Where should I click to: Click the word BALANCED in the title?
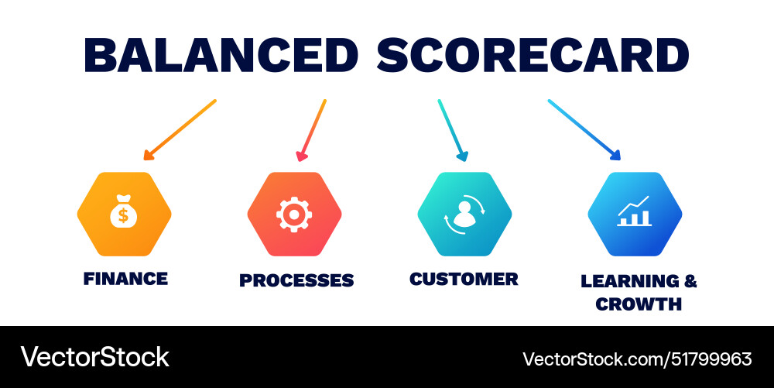click(x=221, y=55)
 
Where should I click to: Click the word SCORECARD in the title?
click(x=533, y=55)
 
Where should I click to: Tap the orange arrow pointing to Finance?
click(x=180, y=129)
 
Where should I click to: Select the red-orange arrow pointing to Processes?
click(x=312, y=129)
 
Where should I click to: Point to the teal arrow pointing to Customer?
click(x=453, y=129)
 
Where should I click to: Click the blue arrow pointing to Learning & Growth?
click(x=584, y=129)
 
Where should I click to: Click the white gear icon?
click(x=293, y=214)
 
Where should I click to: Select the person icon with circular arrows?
click(x=464, y=214)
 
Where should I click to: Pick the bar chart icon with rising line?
click(x=634, y=212)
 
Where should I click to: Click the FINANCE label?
click(x=125, y=278)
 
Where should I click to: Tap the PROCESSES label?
click(x=296, y=280)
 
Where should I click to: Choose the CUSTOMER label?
click(x=464, y=279)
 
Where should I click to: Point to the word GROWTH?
click(x=639, y=304)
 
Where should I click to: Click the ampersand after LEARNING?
click(x=690, y=281)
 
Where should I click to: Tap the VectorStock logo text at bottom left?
click(x=94, y=357)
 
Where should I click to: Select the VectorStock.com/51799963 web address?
click(x=637, y=359)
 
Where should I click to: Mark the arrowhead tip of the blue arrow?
click(x=619, y=158)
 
